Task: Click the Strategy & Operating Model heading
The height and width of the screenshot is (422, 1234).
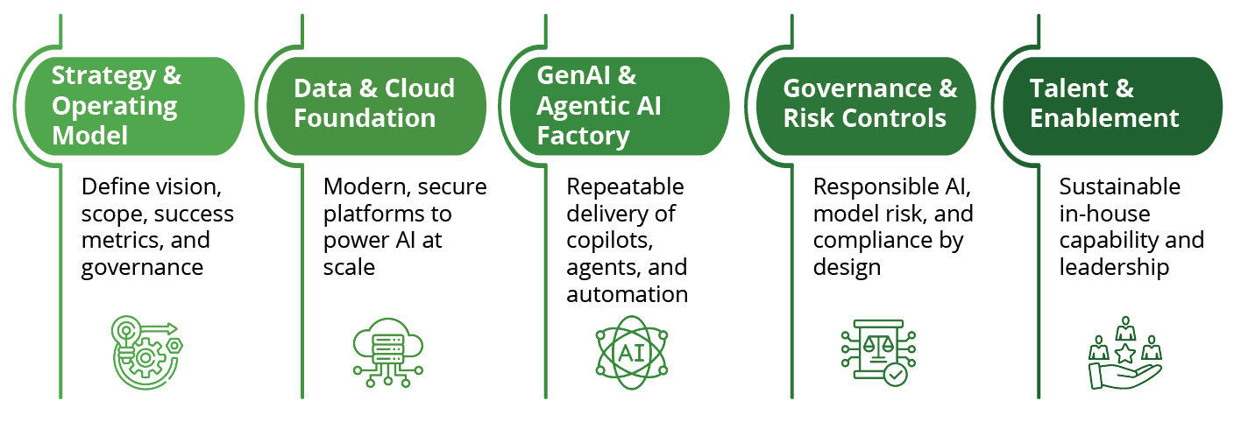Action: [x=117, y=105]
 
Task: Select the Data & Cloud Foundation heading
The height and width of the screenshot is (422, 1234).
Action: [x=374, y=102]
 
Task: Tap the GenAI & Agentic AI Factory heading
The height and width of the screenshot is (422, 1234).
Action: [x=599, y=105]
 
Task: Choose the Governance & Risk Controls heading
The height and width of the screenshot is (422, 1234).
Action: [x=869, y=102]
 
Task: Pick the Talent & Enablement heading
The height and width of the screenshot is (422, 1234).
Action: [x=1104, y=102]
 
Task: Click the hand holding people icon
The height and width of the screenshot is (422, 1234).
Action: [x=1124, y=353]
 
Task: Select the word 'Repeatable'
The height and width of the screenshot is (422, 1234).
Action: [x=625, y=186]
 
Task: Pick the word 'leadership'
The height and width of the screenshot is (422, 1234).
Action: [x=1114, y=267]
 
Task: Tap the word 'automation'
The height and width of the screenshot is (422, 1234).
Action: [x=627, y=294]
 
